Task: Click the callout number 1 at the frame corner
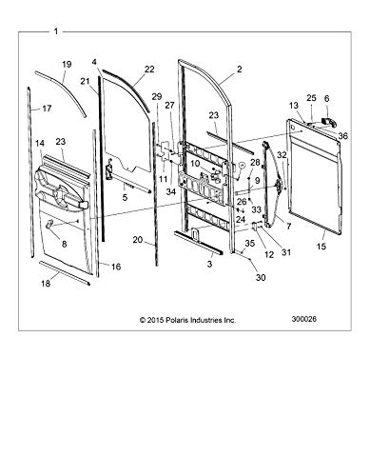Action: click(56, 31)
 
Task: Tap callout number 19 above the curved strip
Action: click(67, 64)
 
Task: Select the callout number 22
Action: click(149, 69)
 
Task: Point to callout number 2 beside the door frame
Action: click(239, 69)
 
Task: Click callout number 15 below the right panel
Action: click(321, 246)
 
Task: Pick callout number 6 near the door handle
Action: click(326, 99)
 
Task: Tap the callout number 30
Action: click(261, 277)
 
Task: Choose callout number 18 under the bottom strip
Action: click(46, 283)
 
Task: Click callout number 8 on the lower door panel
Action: click(65, 244)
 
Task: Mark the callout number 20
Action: click(138, 240)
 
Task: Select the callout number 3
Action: click(209, 264)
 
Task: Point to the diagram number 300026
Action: click(303, 319)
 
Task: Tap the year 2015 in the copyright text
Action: click(155, 320)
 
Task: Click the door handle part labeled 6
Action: click(329, 122)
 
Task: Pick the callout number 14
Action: click(40, 144)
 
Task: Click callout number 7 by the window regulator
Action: click(288, 227)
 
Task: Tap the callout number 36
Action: click(342, 136)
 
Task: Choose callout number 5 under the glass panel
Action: click(125, 197)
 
